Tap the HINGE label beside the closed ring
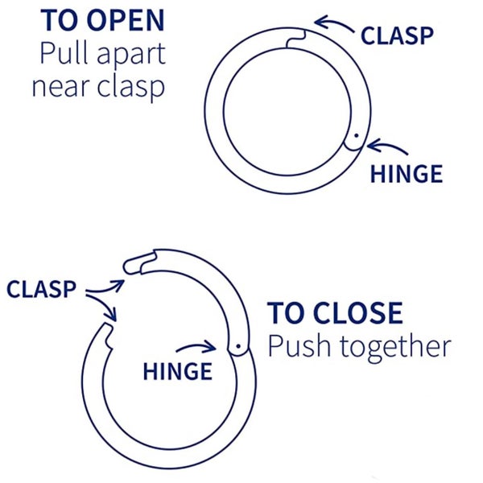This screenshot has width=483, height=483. [407, 174]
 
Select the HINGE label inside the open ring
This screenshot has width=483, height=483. [177, 371]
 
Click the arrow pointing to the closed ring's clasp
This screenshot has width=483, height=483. [334, 26]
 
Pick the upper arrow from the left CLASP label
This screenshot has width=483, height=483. [105, 285]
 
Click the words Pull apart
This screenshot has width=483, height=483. [101, 53]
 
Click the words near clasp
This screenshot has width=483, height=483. [98, 85]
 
